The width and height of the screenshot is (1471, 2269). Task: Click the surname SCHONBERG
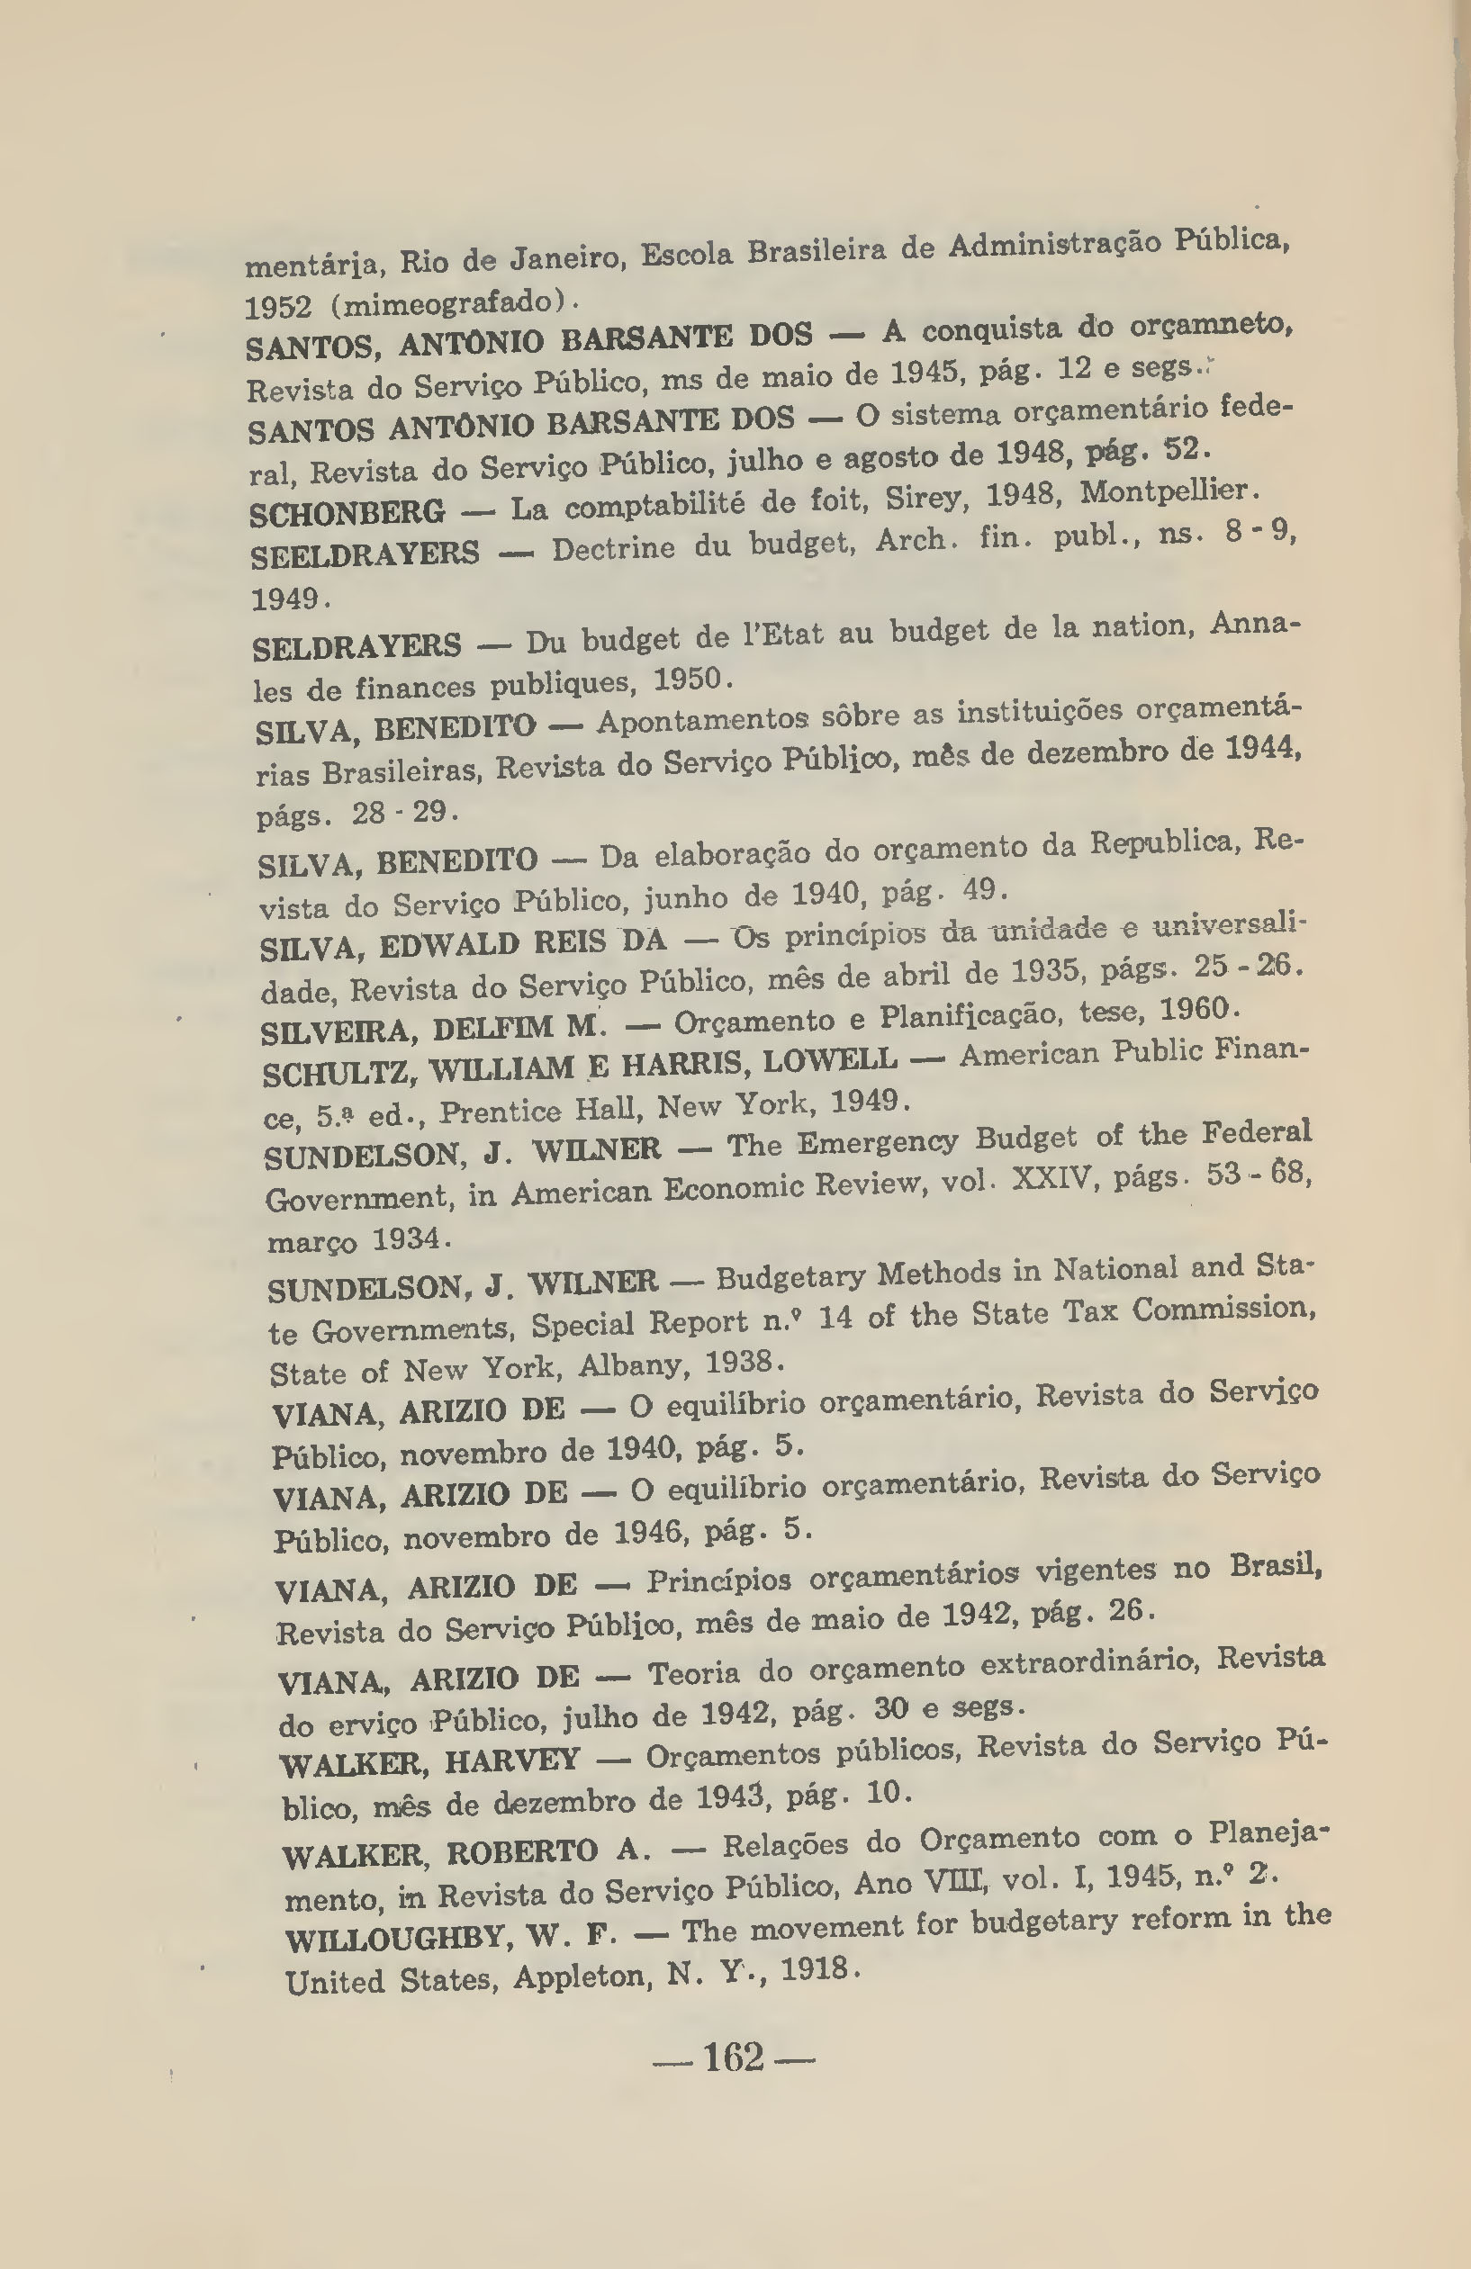[347, 513]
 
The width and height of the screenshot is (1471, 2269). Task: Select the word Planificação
[969, 1016]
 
